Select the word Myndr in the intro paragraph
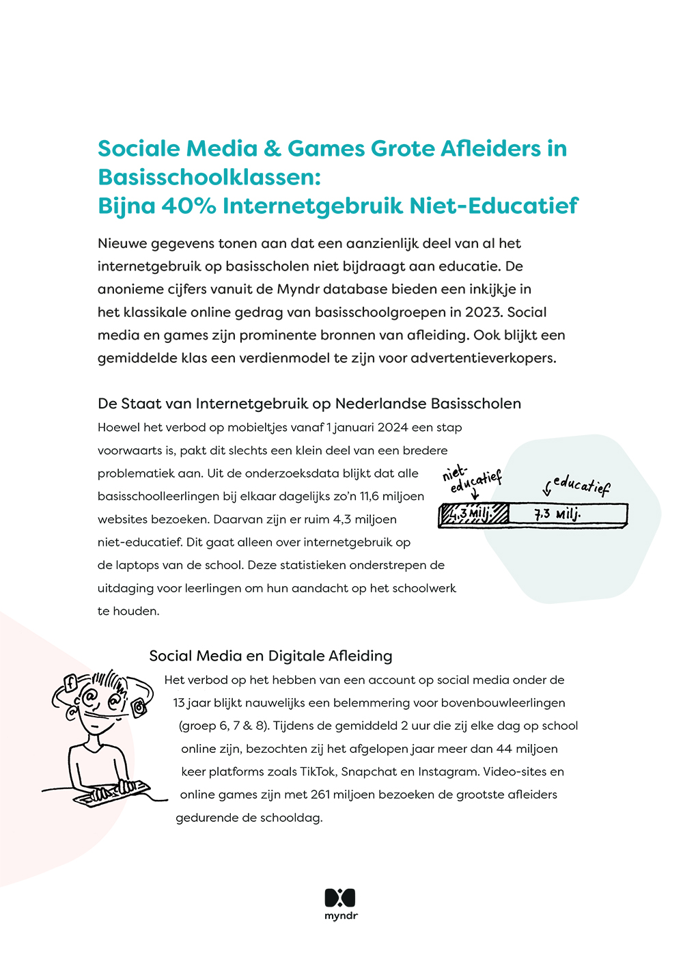click(298, 289)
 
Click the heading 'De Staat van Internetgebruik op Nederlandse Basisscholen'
click(309, 404)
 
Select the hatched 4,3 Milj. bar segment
click(474, 514)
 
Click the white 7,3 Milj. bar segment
click(567, 514)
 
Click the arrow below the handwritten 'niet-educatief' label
click(475, 495)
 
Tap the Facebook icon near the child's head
click(70, 682)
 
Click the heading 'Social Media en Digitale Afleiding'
click(270, 656)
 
